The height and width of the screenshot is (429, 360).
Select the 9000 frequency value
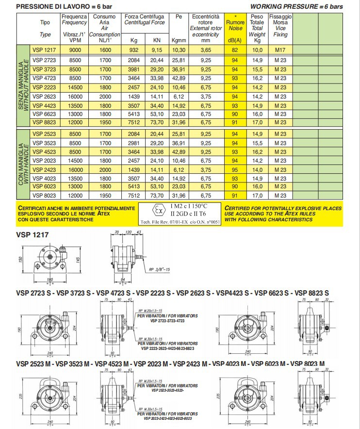click(x=75, y=50)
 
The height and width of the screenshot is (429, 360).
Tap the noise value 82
click(x=235, y=50)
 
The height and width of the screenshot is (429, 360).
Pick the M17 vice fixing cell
click(x=280, y=50)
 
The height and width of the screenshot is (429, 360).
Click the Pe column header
click(x=179, y=16)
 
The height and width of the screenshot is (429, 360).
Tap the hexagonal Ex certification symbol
click(x=157, y=212)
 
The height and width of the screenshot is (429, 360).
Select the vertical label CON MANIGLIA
click(x=21, y=165)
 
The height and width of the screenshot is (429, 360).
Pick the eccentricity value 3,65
click(x=205, y=50)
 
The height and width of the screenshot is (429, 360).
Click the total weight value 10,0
click(x=257, y=50)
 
